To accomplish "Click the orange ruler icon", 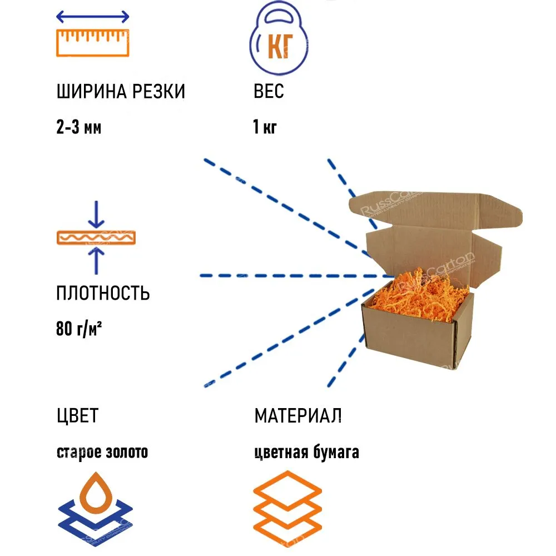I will [x=93, y=43].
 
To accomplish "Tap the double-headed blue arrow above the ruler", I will [x=93, y=17].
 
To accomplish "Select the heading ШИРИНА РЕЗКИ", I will [x=121, y=92].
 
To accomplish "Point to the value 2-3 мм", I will [x=79, y=128].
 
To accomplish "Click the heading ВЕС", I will [x=269, y=92].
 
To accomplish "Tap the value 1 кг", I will [x=265, y=128].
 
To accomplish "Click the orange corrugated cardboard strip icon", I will [x=96, y=237].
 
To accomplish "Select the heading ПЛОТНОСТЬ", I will [x=103, y=293].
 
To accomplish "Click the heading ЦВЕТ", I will [x=77, y=415].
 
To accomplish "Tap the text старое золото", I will [x=102, y=453].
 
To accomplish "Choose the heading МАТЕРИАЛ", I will [x=298, y=415].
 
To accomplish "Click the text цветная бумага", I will [x=306, y=453].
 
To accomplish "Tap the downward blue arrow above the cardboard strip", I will [x=96, y=214].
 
